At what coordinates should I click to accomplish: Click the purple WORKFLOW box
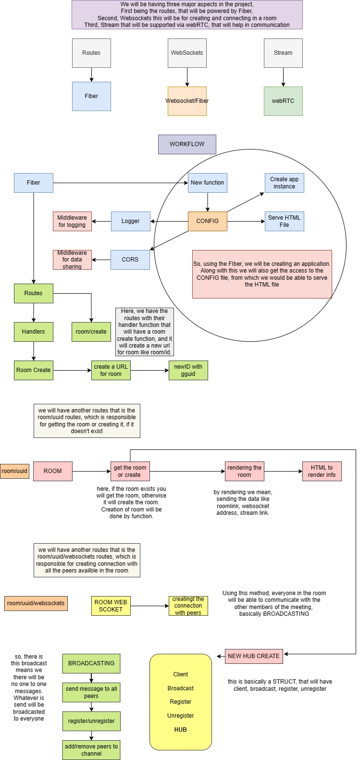pyautogui.click(x=187, y=144)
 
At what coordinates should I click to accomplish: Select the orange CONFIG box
pyautogui.click(x=207, y=221)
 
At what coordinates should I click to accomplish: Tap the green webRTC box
pyautogui.click(x=283, y=101)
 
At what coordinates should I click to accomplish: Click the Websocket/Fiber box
pyautogui.click(x=187, y=101)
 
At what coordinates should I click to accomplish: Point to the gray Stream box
pyautogui.click(x=283, y=53)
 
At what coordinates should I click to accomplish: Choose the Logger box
pyautogui.click(x=130, y=221)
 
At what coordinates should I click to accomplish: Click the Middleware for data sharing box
pyautogui.click(x=72, y=260)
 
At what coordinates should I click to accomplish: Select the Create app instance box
pyautogui.click(x=284, y=183)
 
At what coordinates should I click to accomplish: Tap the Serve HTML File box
pyautogui.click(x=284, y=221)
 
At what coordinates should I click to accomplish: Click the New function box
pyautogui.click(x=207, y=183)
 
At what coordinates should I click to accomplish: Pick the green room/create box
pyautogui.click(x=91, y=332)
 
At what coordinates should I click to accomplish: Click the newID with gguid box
pyautogui.click(x=188, y=370)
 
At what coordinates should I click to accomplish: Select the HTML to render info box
pyautogui.click(x=322, y=471)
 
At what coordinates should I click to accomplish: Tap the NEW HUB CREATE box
pyautogui.click(x=254, y=656)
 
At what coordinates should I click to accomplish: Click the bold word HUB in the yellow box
pyautogui.click(x=181, y=729)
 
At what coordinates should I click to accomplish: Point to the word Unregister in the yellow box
pyautogui.click(x=181, y=715)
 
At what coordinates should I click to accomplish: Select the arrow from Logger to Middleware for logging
pyautogui.click(x=101, y=221)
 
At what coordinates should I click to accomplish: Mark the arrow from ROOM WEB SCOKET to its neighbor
pyautogui.click(x=149, y=606)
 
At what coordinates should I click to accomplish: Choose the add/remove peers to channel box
pyautogui.click(x=91, y=750)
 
